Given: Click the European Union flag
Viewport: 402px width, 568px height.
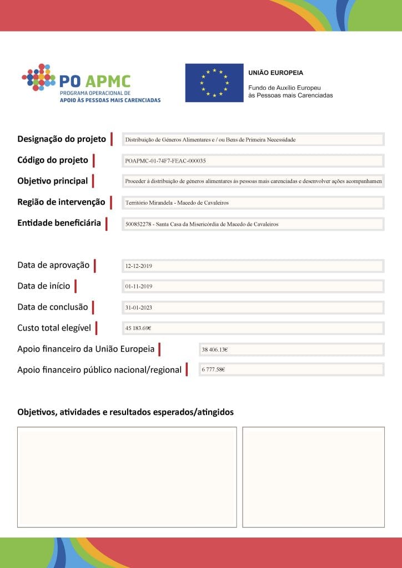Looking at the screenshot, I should tap(214, 83).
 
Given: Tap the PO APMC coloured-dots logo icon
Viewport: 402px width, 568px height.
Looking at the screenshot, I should tap(38, 77).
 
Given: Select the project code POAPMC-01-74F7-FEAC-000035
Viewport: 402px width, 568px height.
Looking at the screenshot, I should tap(165, 161).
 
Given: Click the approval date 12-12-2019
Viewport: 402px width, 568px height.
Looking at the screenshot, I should tap(139, 266).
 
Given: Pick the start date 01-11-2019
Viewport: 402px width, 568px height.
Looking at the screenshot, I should tap(139, 287).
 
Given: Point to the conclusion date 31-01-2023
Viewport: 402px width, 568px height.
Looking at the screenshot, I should tap(139, 307).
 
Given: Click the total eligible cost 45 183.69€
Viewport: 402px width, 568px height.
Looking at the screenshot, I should tap(138, 328).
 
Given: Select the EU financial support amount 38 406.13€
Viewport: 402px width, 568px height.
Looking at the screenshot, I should tap(215, 349).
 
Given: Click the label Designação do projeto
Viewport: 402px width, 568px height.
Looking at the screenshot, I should tap(62, 139).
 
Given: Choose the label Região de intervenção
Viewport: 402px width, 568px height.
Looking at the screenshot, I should tap(61, 202).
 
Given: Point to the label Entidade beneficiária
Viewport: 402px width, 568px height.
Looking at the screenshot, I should tap(59, 223).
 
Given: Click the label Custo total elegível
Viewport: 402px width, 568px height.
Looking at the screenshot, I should tap(54, 328).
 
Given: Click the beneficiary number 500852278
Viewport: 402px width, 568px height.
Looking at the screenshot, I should tap(138, 224).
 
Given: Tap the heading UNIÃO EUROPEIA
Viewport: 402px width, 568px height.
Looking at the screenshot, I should tap(276, 73).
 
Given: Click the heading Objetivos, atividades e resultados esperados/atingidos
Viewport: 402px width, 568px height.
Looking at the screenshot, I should tap(125, 412).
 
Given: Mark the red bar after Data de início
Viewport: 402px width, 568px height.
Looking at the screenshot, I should tap(76, 286).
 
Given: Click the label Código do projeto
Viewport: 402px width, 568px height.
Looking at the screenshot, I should tap(53, 160).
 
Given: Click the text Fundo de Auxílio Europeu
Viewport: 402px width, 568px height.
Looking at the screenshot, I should tap(284, 88).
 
